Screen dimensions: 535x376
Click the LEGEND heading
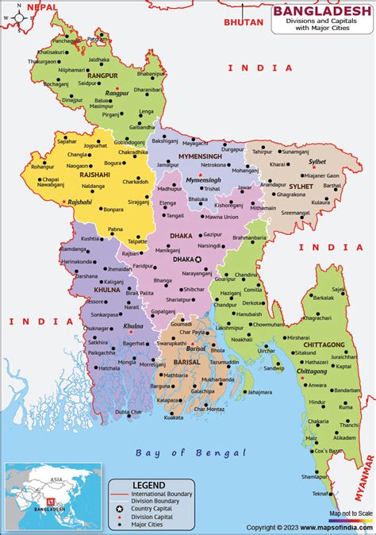pyautogui.click(x=149, y=484)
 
